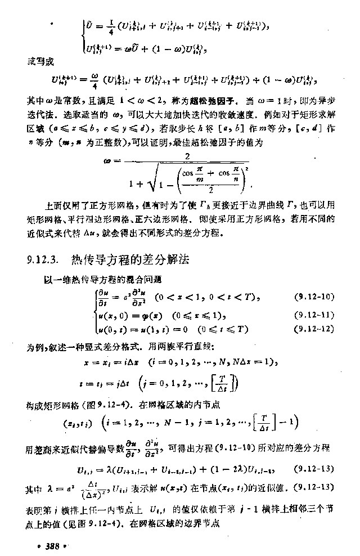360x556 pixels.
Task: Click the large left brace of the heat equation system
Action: coord(96,313)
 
